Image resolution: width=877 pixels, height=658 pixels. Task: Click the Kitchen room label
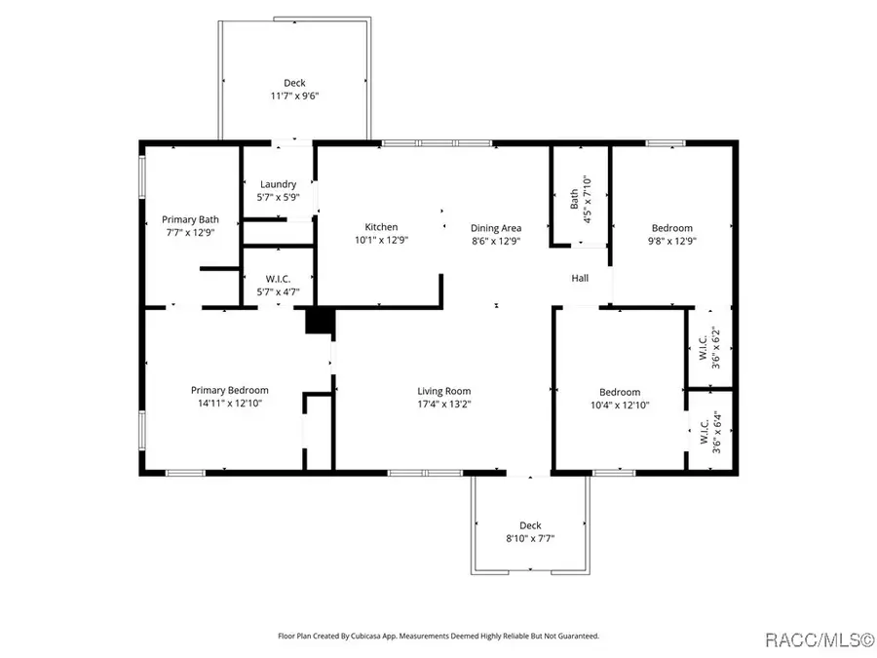point(381,226)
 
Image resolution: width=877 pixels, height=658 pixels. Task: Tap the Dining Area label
point(496,228)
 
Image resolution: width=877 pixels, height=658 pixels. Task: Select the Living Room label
point(444,391)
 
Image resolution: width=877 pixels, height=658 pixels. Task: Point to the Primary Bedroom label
point(229,390)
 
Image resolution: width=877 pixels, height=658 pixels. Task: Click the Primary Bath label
point(190,219)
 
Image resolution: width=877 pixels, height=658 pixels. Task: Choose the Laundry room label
point(278,184)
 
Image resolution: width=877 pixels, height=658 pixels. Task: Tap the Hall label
point(580,278)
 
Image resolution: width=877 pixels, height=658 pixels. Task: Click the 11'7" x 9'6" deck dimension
point(294,96)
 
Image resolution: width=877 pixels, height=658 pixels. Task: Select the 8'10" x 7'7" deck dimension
point(530,538)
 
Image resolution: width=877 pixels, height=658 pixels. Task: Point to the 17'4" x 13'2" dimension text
point(444,404)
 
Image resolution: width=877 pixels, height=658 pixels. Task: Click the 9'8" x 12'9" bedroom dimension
point(671,241)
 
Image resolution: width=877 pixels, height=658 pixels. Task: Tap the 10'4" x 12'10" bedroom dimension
point(620,405)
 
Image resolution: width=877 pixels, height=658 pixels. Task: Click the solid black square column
point(320,321)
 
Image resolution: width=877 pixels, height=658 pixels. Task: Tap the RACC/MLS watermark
point(819,639)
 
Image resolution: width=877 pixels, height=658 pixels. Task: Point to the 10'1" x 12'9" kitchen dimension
point(381,240)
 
